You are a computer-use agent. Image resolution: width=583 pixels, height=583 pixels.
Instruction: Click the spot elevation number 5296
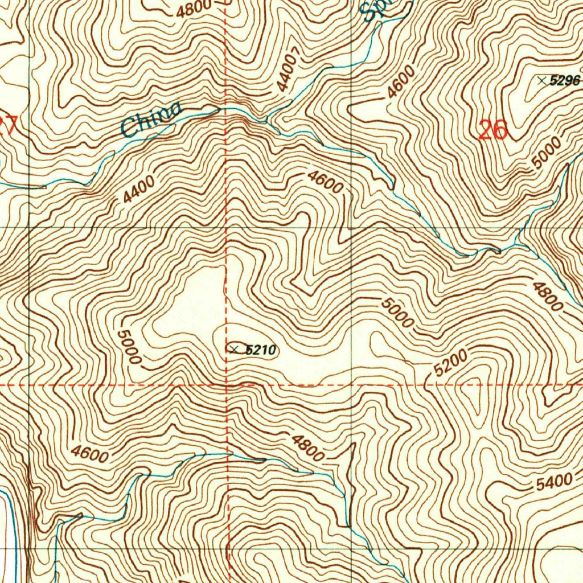coord(565,81)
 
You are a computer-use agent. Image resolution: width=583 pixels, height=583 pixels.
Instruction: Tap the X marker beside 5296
coord(541,81)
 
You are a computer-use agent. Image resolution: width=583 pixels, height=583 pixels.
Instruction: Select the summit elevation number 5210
coord(260,350)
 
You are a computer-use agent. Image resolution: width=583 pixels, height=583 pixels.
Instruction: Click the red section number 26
coord(492,130)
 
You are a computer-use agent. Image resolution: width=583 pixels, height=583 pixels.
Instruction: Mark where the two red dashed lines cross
coord(227,385)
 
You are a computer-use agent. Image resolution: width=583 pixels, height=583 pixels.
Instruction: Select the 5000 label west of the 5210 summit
coord(128,347)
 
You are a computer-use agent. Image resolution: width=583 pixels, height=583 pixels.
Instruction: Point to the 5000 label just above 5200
coord(398,313)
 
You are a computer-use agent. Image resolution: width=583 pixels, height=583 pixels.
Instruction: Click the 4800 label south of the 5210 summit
coord(308,447)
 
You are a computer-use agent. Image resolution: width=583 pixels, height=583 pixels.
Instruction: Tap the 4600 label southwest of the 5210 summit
coord(90,454)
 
